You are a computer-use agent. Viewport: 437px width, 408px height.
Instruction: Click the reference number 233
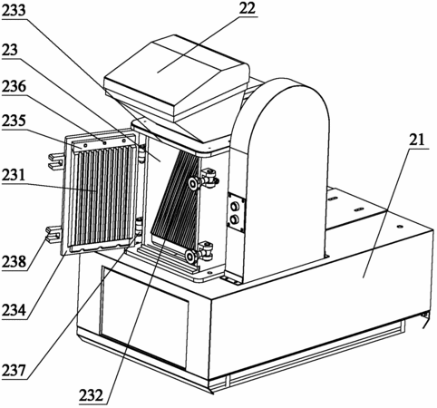(x=14, y=11)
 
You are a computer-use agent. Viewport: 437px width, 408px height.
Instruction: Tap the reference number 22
(x=248, y=9)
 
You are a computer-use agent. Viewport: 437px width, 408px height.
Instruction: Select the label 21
(x=417, y=141)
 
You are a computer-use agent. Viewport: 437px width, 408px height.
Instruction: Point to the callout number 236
(x=14, y=86)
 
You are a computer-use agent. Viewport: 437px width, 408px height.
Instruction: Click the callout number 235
(x=14, y=121)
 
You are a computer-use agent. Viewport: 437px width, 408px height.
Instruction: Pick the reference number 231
(x=14, y=175)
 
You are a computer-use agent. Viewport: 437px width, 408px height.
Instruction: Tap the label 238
(x=14, y=261)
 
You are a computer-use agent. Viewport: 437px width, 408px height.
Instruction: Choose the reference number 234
(x=14, y=310)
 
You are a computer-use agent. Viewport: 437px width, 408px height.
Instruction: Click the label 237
(x=14, y=370)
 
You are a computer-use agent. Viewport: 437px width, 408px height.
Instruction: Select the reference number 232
(x=92, y=395)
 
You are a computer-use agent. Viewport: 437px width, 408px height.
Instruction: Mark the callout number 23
(x=10, y=50)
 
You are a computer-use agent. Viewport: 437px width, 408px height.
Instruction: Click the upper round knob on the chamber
(x=193, y=182)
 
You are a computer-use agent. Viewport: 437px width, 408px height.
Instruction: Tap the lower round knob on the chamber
(x=190, y=257)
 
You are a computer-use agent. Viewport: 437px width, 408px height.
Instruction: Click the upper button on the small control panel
(x=235, y=207)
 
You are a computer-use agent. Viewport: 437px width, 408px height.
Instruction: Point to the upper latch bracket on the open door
(x=56, y=160)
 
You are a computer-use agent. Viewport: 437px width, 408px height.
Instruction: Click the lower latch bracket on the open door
(x=53, y=234)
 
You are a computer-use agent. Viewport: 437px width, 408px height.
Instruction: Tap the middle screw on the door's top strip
(x=104, y=142)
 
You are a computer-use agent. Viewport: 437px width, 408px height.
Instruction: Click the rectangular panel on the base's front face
(x=144, y=316)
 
